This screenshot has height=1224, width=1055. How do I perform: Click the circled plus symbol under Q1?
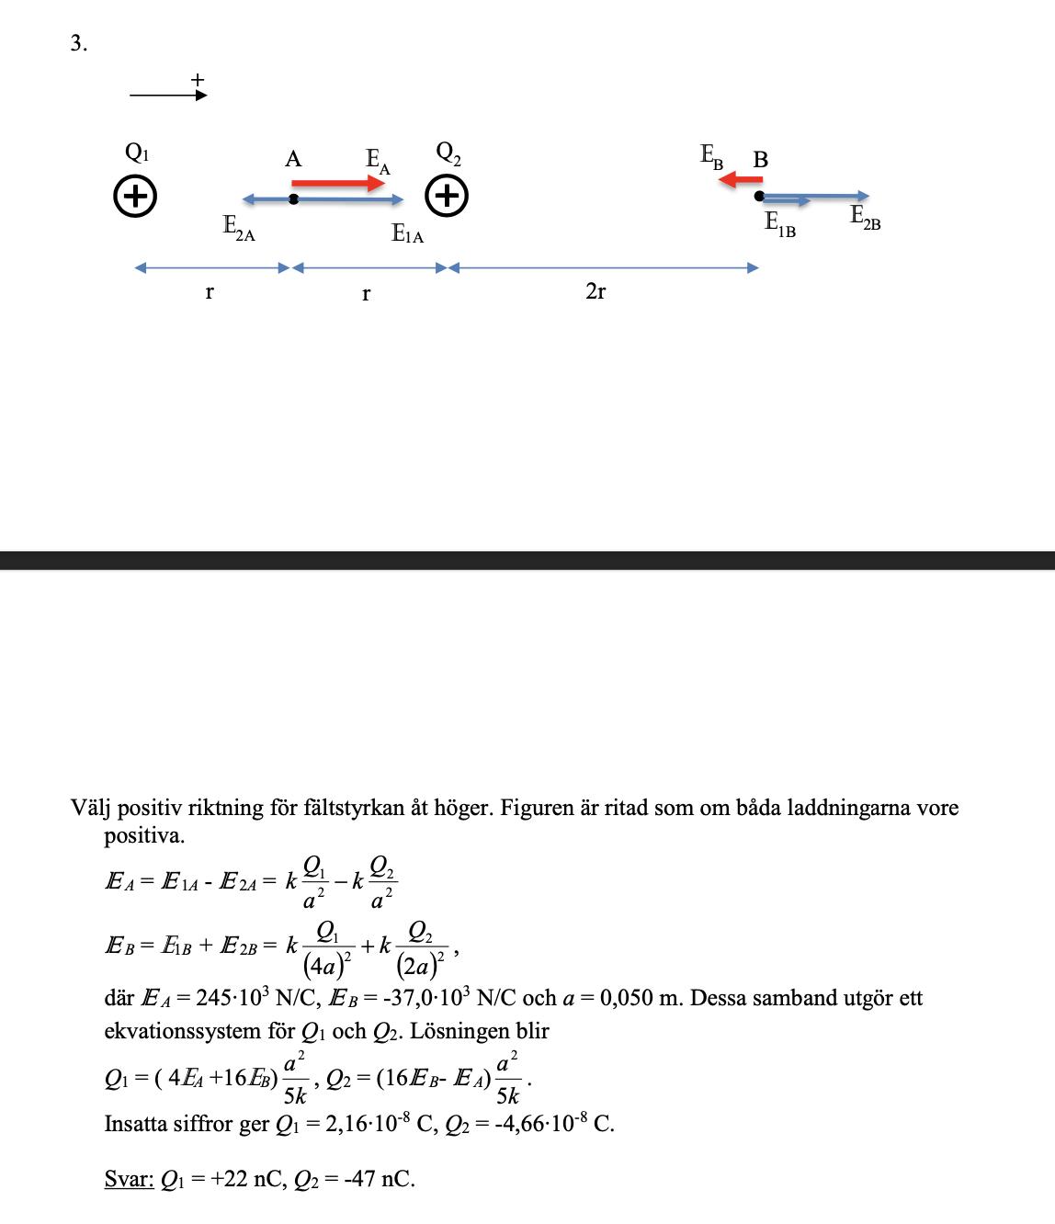click(x=134, y=196)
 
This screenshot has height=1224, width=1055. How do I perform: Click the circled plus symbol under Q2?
click(x=448, y=196)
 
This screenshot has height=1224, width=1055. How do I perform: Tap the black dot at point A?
click(x=293, y=198)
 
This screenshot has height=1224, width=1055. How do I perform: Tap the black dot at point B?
click(x=759, y=196)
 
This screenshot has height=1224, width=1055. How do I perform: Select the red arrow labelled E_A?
click(x=337, y=184)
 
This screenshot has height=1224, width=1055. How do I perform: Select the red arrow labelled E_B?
click(x=741, y=180)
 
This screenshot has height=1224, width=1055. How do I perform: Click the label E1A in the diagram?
click(x=407, y=233)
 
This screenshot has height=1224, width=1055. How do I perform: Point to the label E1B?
click(x=780, y=223)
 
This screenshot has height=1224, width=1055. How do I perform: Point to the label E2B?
click(x=865, y=217)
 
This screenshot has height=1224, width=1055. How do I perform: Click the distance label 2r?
click(x=596, y=291)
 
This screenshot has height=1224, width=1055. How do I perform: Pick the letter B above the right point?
click(x=761, y=159)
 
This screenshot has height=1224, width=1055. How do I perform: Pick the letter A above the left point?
click(x=293, y=159)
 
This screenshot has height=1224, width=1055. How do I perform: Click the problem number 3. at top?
click(x=79, y=43)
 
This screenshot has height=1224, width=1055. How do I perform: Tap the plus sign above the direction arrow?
click(x=197, y=79)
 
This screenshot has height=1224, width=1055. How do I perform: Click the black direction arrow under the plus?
click(x=168, y=94)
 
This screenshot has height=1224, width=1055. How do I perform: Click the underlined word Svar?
click(x=129, y=1179)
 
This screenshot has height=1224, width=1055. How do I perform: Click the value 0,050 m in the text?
click(x=639, y=998)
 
